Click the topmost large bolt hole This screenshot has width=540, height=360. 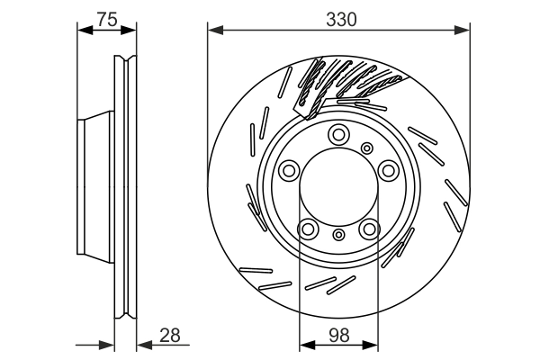coord(338,135)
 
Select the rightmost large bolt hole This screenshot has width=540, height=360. coord(388,169)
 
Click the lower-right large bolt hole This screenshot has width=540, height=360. coord(369,229)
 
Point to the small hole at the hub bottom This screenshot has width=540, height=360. coord(338,235)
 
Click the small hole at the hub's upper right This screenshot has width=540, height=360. coord(366,148)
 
